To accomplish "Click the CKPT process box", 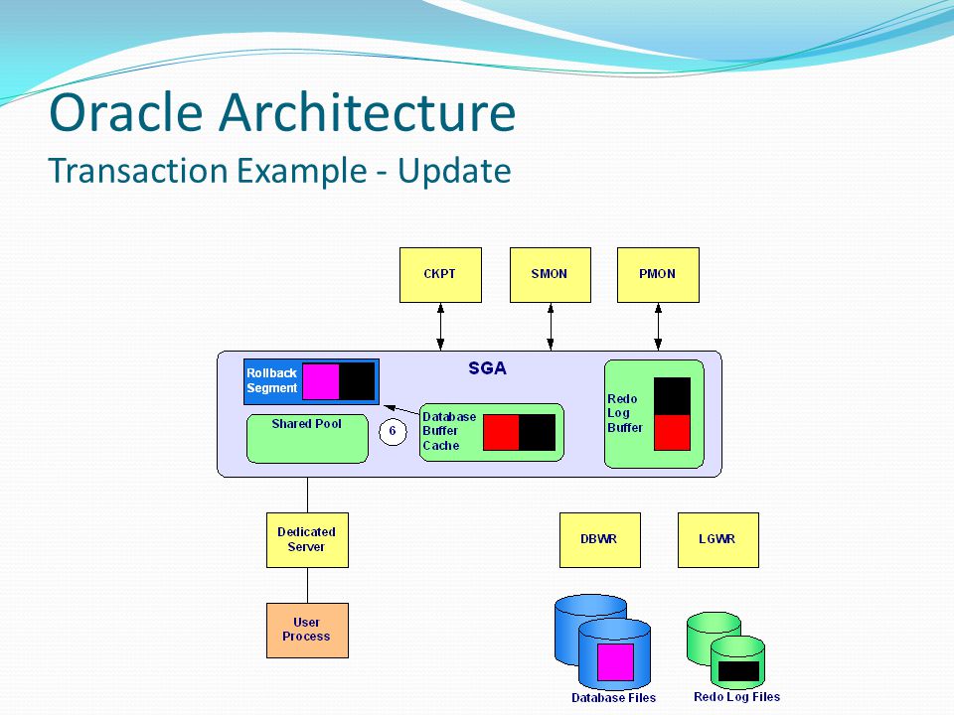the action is (440, 275).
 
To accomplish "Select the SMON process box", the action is (550, 275).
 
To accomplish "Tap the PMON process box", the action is (658, 275).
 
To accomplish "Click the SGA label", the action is (487, 367).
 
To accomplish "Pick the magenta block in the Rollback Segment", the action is (321, 381).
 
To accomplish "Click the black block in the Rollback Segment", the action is (357, 381).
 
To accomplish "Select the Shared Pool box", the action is (307, 438).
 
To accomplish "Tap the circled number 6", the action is (393, 432).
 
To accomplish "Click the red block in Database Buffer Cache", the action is (501, 432).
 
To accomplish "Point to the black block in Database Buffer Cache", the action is (538, 432).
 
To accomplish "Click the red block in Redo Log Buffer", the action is (673, 432).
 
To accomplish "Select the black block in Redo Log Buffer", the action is (673, 396).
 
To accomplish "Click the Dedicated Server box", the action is (307, 540).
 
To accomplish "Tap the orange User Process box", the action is (307, 631).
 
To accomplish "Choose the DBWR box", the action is (600, 540).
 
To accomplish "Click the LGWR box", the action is (717, 540).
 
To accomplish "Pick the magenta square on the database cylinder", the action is (615, 662).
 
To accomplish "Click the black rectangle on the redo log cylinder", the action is (738, 671).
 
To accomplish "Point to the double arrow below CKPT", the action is (440, 327).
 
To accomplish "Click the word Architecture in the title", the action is (368, 112).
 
